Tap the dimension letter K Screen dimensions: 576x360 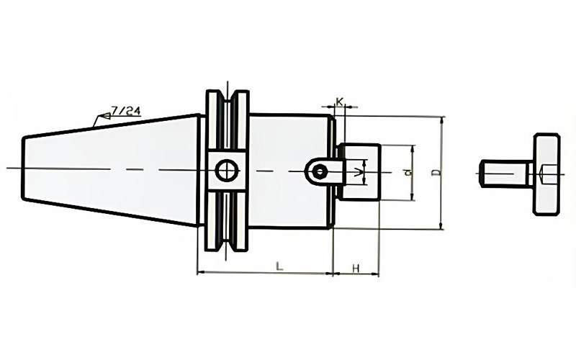pyautogui.click(x=340, y=102)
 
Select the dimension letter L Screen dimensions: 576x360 pyautogui.click(x=279, y=266)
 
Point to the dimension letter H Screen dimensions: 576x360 pyautogui.click(x=356, y=268)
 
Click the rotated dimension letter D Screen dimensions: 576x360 pyautogui.click(x=436, y=172)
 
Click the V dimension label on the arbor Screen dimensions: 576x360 pyautogui.click(x=356, y=172)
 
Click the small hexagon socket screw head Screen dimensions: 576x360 pyautogui.click(x=320, y=171)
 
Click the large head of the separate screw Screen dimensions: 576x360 pyautogui.click(x=547, y=174)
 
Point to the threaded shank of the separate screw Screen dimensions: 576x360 pyautogui.click(x=505, y=174)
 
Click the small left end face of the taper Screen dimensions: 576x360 pyautogui.click(x=24, y=168)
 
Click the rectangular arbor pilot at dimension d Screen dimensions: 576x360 pyautogui.click(x=359, y=172)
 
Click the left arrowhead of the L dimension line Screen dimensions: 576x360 pyautogui.click(x=202, y=273)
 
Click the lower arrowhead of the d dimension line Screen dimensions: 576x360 pyautogui.click(x=413, y=197)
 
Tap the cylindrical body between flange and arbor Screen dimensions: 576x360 pyautogui.click(x=292, y=171)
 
